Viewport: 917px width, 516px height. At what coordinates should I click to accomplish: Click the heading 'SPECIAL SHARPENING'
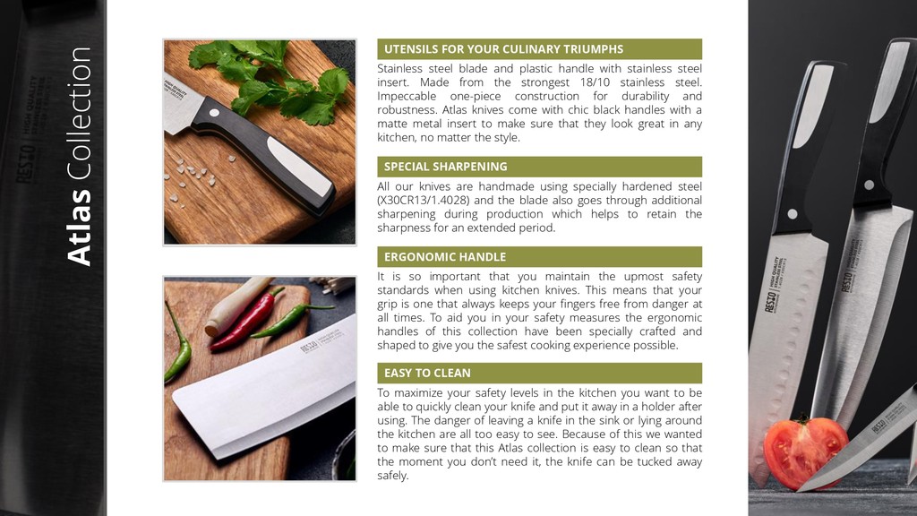446,167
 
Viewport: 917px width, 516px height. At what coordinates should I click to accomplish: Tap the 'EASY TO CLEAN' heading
427,374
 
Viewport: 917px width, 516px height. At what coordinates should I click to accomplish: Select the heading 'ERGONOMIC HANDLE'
445,257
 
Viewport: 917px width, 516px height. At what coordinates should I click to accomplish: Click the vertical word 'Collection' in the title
79,114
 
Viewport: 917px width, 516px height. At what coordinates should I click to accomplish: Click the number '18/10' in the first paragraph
595,82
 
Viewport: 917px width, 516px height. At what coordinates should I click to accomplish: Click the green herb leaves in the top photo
269,79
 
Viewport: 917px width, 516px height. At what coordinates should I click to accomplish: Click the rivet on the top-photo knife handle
215,113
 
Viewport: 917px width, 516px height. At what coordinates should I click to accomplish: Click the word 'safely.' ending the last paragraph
393,476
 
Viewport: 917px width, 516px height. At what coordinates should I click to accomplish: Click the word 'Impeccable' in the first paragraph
405,97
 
